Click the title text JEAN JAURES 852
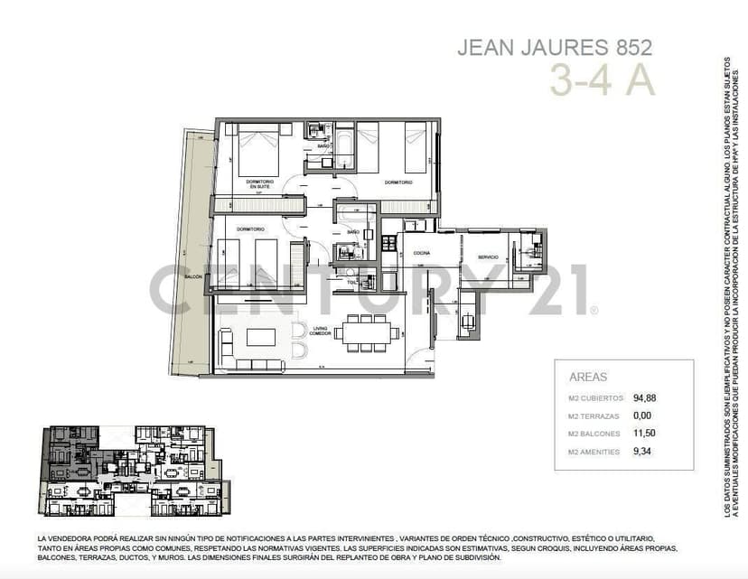pos(554,47)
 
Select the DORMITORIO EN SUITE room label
pos(260,184)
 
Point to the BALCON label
pos(192,276)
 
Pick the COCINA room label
pos(420,254)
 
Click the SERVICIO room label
pos(489,257)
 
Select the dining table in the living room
pos(367,333)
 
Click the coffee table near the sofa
pos(262,337)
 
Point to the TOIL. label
pos(351,282)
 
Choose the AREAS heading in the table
pos(588,378)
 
